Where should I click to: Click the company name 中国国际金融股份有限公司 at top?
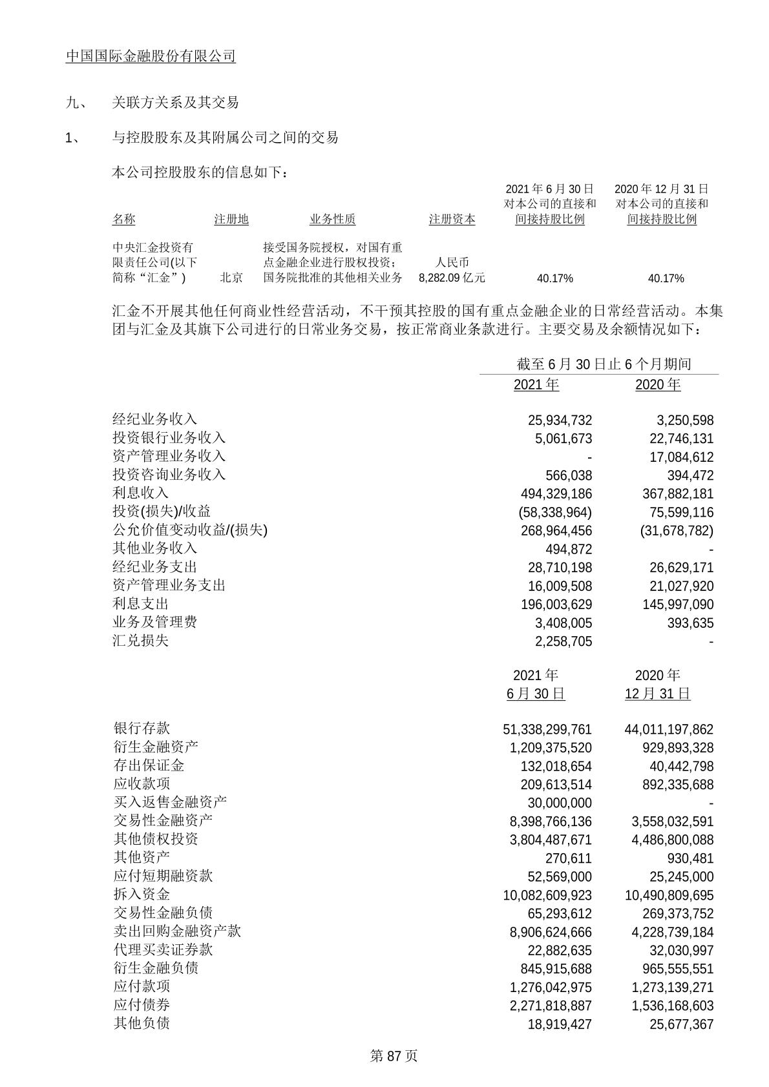coord(151,56)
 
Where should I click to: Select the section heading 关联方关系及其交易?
coord(175,102)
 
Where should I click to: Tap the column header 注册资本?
coord(452,219)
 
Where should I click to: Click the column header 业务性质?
coord(332,219)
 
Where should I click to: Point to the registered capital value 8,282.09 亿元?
coord(452,278)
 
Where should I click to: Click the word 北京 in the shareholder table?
coord(231,278)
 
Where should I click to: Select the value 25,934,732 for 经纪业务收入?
coord(560,420)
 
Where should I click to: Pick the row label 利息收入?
coord(140,493)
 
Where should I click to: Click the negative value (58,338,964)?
coord(555,512)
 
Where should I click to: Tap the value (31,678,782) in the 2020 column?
coord(677,531)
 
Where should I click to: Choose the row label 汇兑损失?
coord(140,641)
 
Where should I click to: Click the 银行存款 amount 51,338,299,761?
coord(547,729)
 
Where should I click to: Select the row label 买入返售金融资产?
coord(169,802)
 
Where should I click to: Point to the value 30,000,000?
coord(560,803)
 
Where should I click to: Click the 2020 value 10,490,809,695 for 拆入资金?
coord(669,895)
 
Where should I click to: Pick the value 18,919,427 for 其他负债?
coord(560,1024)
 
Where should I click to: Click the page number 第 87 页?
coord(394,1056)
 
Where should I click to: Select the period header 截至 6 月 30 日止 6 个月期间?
coord(604,364)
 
